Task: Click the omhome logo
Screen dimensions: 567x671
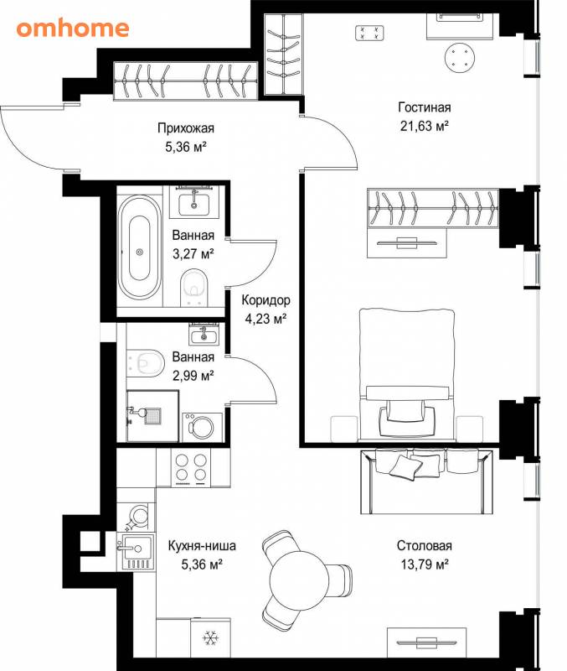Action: (73, 29)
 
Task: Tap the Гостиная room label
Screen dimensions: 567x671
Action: (425, 107)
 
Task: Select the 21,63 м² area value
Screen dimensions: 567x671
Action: (425, 127)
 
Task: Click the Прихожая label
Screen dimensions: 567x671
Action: (186, 128)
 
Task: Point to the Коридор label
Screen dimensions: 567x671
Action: (265, 300)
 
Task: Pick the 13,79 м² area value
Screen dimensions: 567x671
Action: (425, 564)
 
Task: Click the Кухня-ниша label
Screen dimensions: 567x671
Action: (202, 546)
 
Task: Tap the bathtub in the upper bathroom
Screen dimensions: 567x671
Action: (140, 247)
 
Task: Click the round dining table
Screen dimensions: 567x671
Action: (299, 580)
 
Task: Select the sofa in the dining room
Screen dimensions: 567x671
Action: (426, 481)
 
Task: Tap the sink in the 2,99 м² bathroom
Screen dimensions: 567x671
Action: (204, 334)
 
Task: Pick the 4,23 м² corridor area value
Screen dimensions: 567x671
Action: (265, 319)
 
